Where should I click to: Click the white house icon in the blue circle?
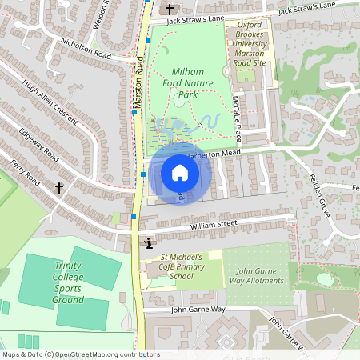tap(180, 173)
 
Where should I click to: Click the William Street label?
tap(214, 226)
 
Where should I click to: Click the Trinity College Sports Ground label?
tap(68, 282)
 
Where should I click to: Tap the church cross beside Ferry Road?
tap(58, 188)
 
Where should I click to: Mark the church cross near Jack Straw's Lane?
tap(170, 10)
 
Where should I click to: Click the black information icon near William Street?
tap(148, 242)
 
